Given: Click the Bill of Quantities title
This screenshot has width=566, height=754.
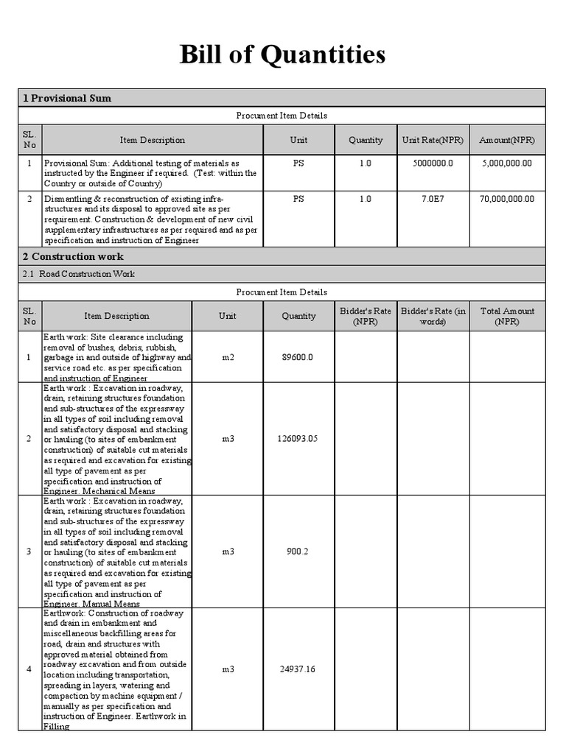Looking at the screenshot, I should pyautogui.click(x=282, y=54).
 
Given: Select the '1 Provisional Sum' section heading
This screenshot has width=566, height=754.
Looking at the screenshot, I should pyautogui.click(x=67, y=98).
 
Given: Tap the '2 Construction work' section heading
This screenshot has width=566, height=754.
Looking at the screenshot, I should pyautogui.click(x=73, y=256).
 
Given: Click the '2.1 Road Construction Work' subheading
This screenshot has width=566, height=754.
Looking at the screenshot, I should pyautogui.click(x=79, y=274).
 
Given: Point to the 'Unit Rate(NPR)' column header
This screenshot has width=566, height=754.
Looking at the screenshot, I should pyautogui.click(x=430, y=140).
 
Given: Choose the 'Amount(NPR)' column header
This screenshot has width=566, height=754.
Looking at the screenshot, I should pyautogui.click(x=507, y=140).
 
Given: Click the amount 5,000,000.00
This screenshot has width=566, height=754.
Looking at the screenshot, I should pyautogui.click(x=508, y=163).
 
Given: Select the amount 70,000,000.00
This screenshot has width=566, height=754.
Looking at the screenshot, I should pyautogui.click(x=508, y=199).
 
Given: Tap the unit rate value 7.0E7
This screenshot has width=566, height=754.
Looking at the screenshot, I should pyautogui.click(x=430, y=199).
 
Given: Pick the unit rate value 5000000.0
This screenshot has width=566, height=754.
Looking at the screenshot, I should pyautogui.click(x=430, y=163).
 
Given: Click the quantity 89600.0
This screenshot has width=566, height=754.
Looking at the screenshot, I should pyautogui.click(x=298, y=357).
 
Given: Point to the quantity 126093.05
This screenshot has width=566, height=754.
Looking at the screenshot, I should pyautogui.click(x=298, y=438).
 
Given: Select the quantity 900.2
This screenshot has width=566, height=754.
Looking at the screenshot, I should pyautogui.click(x=298, y=551).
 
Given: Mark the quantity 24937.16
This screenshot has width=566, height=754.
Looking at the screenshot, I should pyautogui.click(x=298, y=669).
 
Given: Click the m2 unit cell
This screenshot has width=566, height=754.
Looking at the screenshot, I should pyautogui.click(x=227, y=357).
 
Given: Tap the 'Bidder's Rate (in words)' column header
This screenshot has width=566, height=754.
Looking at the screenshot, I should pyautogui.click(x=433, y=316).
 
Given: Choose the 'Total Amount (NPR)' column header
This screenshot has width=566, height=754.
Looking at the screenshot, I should pyautogui.click(x=507, y=316).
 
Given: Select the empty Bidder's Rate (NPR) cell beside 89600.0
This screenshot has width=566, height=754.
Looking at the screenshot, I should pyautogui.click(x=366, y=357).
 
